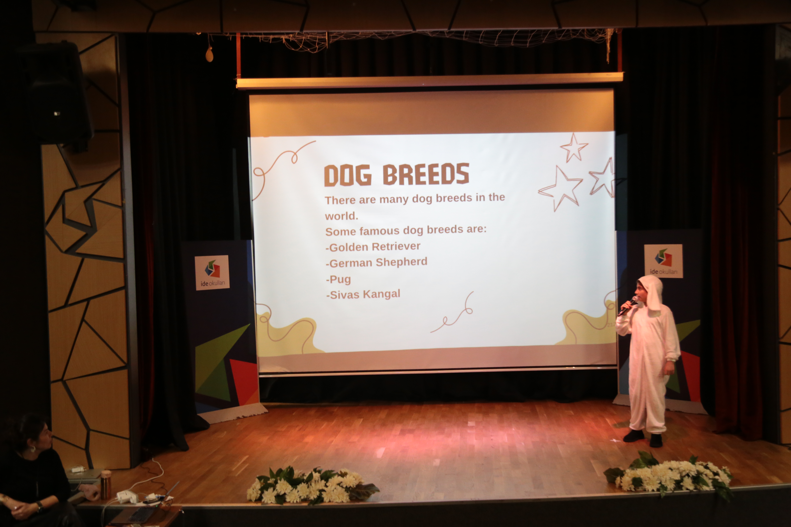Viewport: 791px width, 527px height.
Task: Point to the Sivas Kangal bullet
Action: coord(363,294)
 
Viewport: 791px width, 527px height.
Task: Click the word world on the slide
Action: coord(341,216)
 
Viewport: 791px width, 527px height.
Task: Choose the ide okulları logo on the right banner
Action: coord(663,261)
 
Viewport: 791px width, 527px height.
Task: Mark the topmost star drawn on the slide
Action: coord(574,147)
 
